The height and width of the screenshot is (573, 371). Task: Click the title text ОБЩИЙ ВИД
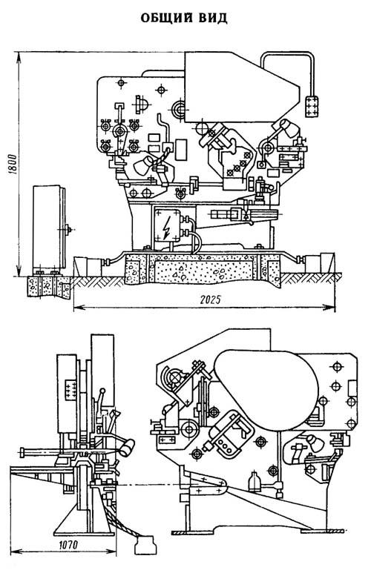[184, 18]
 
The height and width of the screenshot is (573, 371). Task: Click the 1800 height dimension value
[11, 165]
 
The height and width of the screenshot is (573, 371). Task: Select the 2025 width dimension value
[211, 300]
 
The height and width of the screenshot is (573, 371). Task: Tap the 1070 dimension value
[68, 545]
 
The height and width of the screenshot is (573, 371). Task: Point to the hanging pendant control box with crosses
[312, 106]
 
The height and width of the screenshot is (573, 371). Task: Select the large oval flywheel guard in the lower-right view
[266, 390]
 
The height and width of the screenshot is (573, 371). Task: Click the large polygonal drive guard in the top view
[242, 87]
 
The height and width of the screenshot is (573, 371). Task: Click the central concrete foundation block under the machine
[203, 270]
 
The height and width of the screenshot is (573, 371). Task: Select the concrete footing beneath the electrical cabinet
[49, 286]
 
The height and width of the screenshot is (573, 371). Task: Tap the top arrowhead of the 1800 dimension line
[19, 56]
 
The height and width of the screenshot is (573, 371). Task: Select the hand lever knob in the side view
[103, 391]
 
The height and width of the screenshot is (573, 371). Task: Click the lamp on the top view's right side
[289, 129]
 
